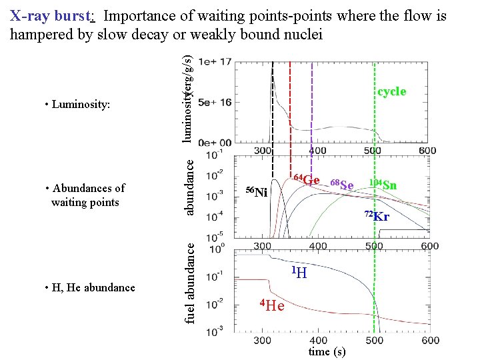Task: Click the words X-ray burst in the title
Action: point(51,15)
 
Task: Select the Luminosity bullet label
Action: point(77,105)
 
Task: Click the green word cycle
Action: point(391,91)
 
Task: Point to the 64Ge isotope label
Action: point(307,179)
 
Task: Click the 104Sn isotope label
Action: point(383,184)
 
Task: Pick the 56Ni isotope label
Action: point(257,193)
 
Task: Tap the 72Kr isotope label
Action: point(377,216)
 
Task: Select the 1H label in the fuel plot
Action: point(299,272)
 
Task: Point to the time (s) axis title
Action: point(327,351)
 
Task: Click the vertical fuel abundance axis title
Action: point(190,283)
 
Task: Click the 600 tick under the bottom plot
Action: point(429,341)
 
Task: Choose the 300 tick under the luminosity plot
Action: point(263,151)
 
